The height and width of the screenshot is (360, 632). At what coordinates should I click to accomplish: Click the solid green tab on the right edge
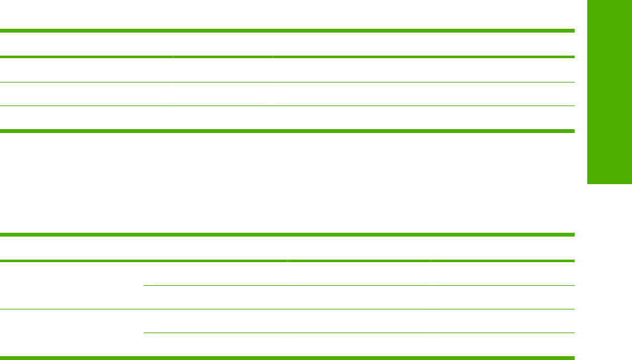click(x=608, y=92)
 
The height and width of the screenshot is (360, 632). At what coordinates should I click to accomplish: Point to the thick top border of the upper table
click(x=287, y=30)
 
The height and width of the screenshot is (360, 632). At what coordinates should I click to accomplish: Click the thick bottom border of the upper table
click(x=287, y=131)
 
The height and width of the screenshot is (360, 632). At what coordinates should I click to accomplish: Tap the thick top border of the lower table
click(x=287, y=235)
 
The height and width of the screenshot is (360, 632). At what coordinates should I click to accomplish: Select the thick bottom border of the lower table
click(x=287, y=357)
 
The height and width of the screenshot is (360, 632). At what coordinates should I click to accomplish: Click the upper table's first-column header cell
click(x=86, y=44)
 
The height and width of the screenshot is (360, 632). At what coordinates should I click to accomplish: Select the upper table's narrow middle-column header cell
click(x=222, y=44)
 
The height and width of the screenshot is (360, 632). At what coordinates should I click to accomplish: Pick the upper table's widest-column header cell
click(x=423, y=44)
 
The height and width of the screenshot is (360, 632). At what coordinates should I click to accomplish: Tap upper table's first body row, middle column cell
click(x=222, y=70)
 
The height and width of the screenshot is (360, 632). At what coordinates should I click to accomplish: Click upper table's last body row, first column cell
click(x=86, y=118)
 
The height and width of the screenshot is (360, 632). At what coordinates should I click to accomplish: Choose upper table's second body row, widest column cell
click(x=423, y=94)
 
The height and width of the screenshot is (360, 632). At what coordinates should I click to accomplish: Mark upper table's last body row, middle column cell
click(x=222, y=118)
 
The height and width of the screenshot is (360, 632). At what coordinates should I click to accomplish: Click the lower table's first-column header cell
click(x=72, y=248)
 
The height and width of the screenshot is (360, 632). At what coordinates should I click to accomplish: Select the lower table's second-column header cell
click(x=215, y=248)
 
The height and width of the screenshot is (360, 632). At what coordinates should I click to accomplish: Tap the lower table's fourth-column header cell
click(x=502, y=248)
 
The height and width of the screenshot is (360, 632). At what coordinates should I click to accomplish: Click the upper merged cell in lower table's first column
click(x=72, y=285)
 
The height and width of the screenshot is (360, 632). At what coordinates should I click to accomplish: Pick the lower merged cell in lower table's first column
click(x=72, y=333)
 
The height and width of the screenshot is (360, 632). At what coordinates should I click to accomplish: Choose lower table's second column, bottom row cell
click(x=215, y=344)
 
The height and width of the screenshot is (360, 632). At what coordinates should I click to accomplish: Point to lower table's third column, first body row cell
click(x=358, y=273)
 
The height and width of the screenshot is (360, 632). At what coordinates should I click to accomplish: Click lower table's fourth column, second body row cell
click(x=502, y=297)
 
